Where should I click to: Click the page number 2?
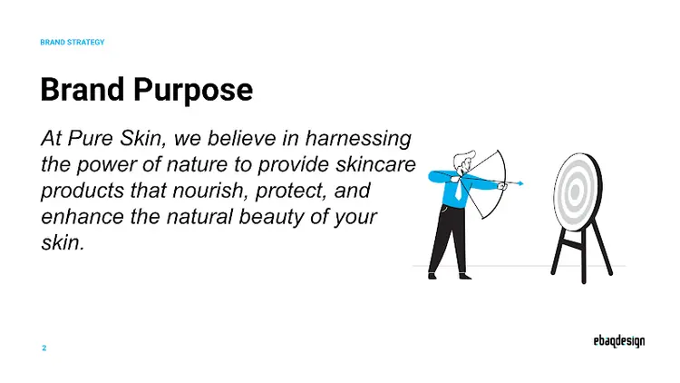pyautogui.click(x=44, y=348)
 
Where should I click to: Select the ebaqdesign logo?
pyautogui.click(x=613, y=342)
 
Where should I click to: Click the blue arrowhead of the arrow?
pyautogui.click(x=520, y=183)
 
